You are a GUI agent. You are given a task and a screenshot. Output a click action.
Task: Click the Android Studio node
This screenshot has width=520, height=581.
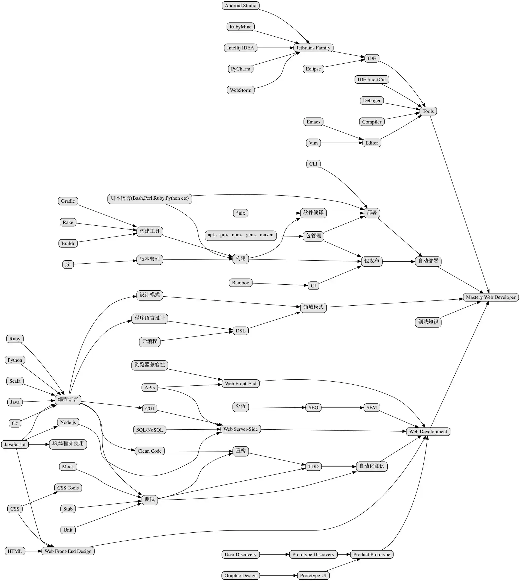tap(240, 5)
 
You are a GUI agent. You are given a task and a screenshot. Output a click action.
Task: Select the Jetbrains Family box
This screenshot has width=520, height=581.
tap(313, 48)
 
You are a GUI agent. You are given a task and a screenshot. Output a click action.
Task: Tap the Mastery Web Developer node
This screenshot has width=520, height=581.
tap(491, 297)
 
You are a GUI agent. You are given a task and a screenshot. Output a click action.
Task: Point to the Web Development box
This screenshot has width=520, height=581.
tap(428, 432)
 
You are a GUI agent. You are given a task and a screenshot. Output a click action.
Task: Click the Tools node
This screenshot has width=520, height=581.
tap(428, 111)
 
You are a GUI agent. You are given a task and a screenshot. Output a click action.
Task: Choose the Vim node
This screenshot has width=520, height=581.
tap(313, 143)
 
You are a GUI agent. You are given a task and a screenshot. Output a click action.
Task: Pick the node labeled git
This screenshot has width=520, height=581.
tap(68, 264)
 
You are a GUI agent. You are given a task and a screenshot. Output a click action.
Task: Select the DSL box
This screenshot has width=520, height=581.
tap(240, 331)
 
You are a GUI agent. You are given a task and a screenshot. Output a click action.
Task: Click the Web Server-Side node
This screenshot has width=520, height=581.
tap(240, 429)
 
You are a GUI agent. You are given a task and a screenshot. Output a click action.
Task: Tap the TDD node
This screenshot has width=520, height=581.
tap(313, 467)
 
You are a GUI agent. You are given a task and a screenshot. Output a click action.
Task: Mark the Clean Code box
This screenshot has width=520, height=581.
tap(149, 451)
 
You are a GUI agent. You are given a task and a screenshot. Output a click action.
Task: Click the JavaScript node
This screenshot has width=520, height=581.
tap(15, 444)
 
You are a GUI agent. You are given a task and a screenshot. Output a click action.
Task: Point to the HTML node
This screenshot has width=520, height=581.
tap(14, 551)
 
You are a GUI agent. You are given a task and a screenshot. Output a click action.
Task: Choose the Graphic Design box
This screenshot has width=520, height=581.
tap(240, 576)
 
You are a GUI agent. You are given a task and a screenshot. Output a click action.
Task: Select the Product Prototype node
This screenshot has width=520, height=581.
tap(372, 555)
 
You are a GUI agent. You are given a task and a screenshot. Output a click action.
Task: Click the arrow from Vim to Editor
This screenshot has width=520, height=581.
tap(341, 143)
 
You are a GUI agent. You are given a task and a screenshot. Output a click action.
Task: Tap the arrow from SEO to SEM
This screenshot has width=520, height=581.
tap(342, 408)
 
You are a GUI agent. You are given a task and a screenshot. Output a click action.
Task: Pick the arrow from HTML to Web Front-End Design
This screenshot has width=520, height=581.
tap(33, 551)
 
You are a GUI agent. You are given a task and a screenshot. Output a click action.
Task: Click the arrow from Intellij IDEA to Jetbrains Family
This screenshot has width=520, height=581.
tap(275, 48)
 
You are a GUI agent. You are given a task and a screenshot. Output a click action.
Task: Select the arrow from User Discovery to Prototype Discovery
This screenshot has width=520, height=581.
tap(274, 555)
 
